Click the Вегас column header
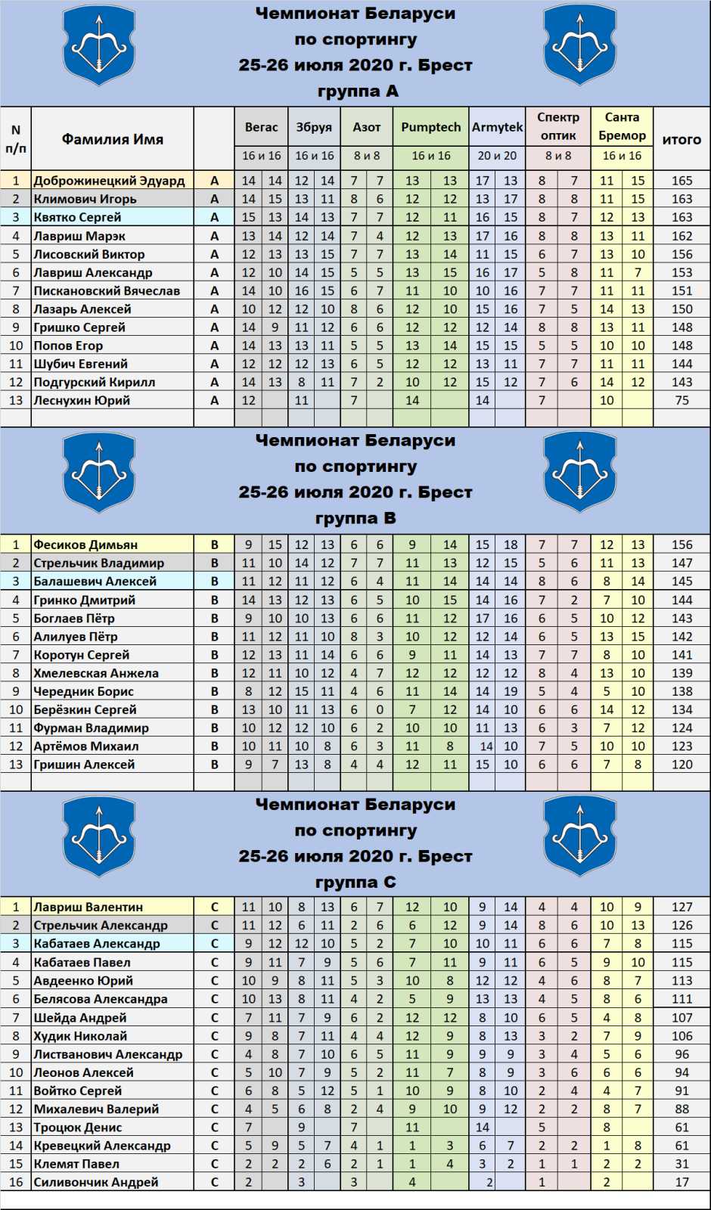coord(261,127)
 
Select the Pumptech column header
coord(430,127)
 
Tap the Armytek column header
coord(497,127)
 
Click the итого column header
coord(682,139)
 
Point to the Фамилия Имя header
coord(112,139)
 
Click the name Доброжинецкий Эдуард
coord(109,181)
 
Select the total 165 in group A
coord(682,181)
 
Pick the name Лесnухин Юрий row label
coord(82,400)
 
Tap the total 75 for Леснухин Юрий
coord(682,400)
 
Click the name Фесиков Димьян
coord(85,544)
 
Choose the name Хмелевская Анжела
coord(96,673)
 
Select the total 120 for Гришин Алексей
coord(682,765)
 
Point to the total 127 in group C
coord(682,907)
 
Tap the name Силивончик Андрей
coord(96,1182)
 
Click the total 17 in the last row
coord(682,1182)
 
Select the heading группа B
coord(355,518)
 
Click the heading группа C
coord(355,883)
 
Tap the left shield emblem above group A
coord(98,45)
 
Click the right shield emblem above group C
coord(580,836)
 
